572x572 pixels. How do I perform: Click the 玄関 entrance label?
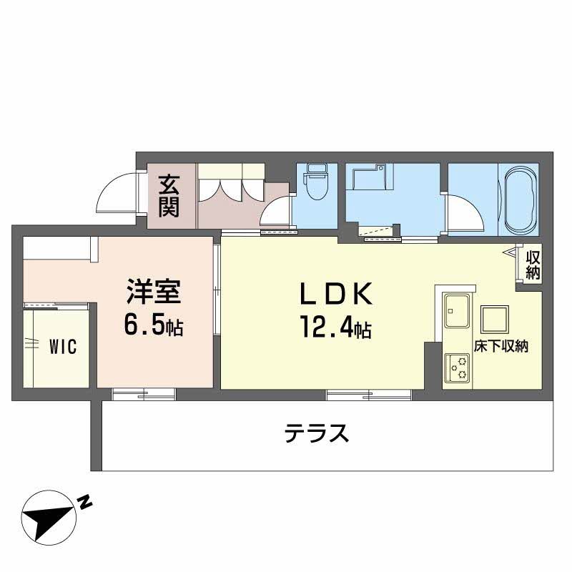pyautogui.click(x=169, y=196)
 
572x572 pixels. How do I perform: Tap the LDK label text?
pyautogui.click(x=335, y=295)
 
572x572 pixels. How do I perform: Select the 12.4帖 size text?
pyautogui.click(x=335, y=328)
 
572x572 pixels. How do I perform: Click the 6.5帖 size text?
pyautogui.click(x=153, y=327)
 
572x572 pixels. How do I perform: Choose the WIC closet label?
pyautogui.click(x=64, y=347)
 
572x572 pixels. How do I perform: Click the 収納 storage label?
pyautogui.click(x=531, y=264)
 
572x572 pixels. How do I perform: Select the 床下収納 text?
pyautogui.click(x=500, y=347)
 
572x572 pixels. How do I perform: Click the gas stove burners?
pyautogui.click(x=456, y=367)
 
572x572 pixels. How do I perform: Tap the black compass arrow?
pyautogui.click(x=47, y=517)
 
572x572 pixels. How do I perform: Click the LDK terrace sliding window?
pyautogui.click(x=369, y=394)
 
